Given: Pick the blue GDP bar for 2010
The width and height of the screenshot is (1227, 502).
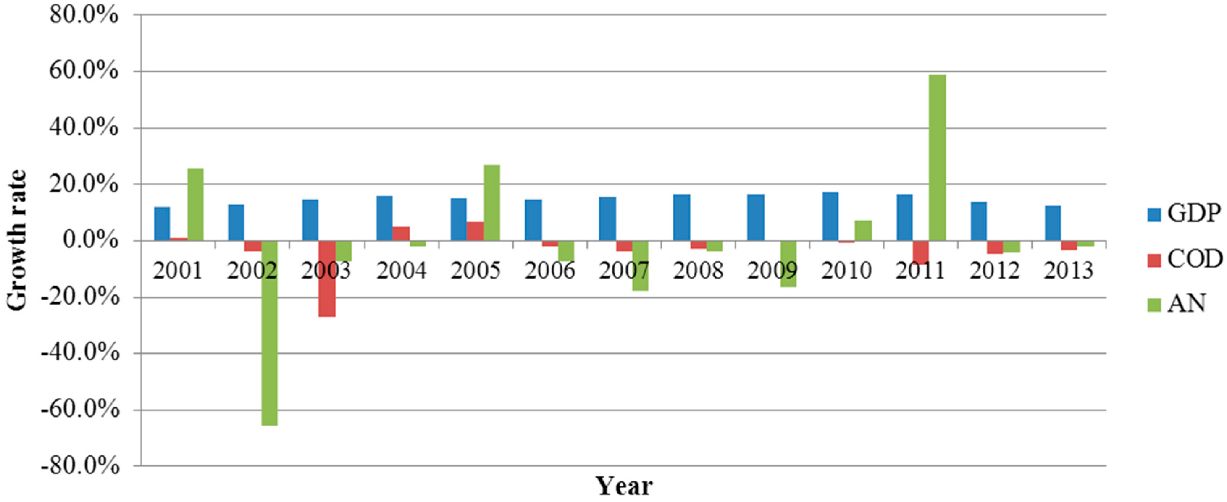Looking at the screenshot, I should click(x=830, y=217).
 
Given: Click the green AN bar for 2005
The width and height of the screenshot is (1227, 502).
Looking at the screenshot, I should click(x=491, y=202).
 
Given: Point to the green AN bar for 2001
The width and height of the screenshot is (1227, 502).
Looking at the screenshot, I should click(x=195, y=204).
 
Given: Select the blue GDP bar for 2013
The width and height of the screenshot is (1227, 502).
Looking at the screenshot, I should click(x=1053, y=223).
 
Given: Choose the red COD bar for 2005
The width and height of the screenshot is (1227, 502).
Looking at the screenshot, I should click(x=475, y=231).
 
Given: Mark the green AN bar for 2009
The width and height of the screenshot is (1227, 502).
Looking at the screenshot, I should click(x=788, y=264).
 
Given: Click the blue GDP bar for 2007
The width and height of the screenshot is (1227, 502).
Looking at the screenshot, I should click(x=607, y=219).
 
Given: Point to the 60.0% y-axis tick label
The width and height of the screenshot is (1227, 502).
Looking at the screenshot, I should click(x=84, y=71).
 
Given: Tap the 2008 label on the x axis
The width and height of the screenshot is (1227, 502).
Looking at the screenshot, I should click(x=698, y=271).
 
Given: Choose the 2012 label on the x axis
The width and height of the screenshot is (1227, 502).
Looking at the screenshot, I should click(x=994, y=271).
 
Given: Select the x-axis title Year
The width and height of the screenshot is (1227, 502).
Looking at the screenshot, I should click(x=624, y=487).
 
